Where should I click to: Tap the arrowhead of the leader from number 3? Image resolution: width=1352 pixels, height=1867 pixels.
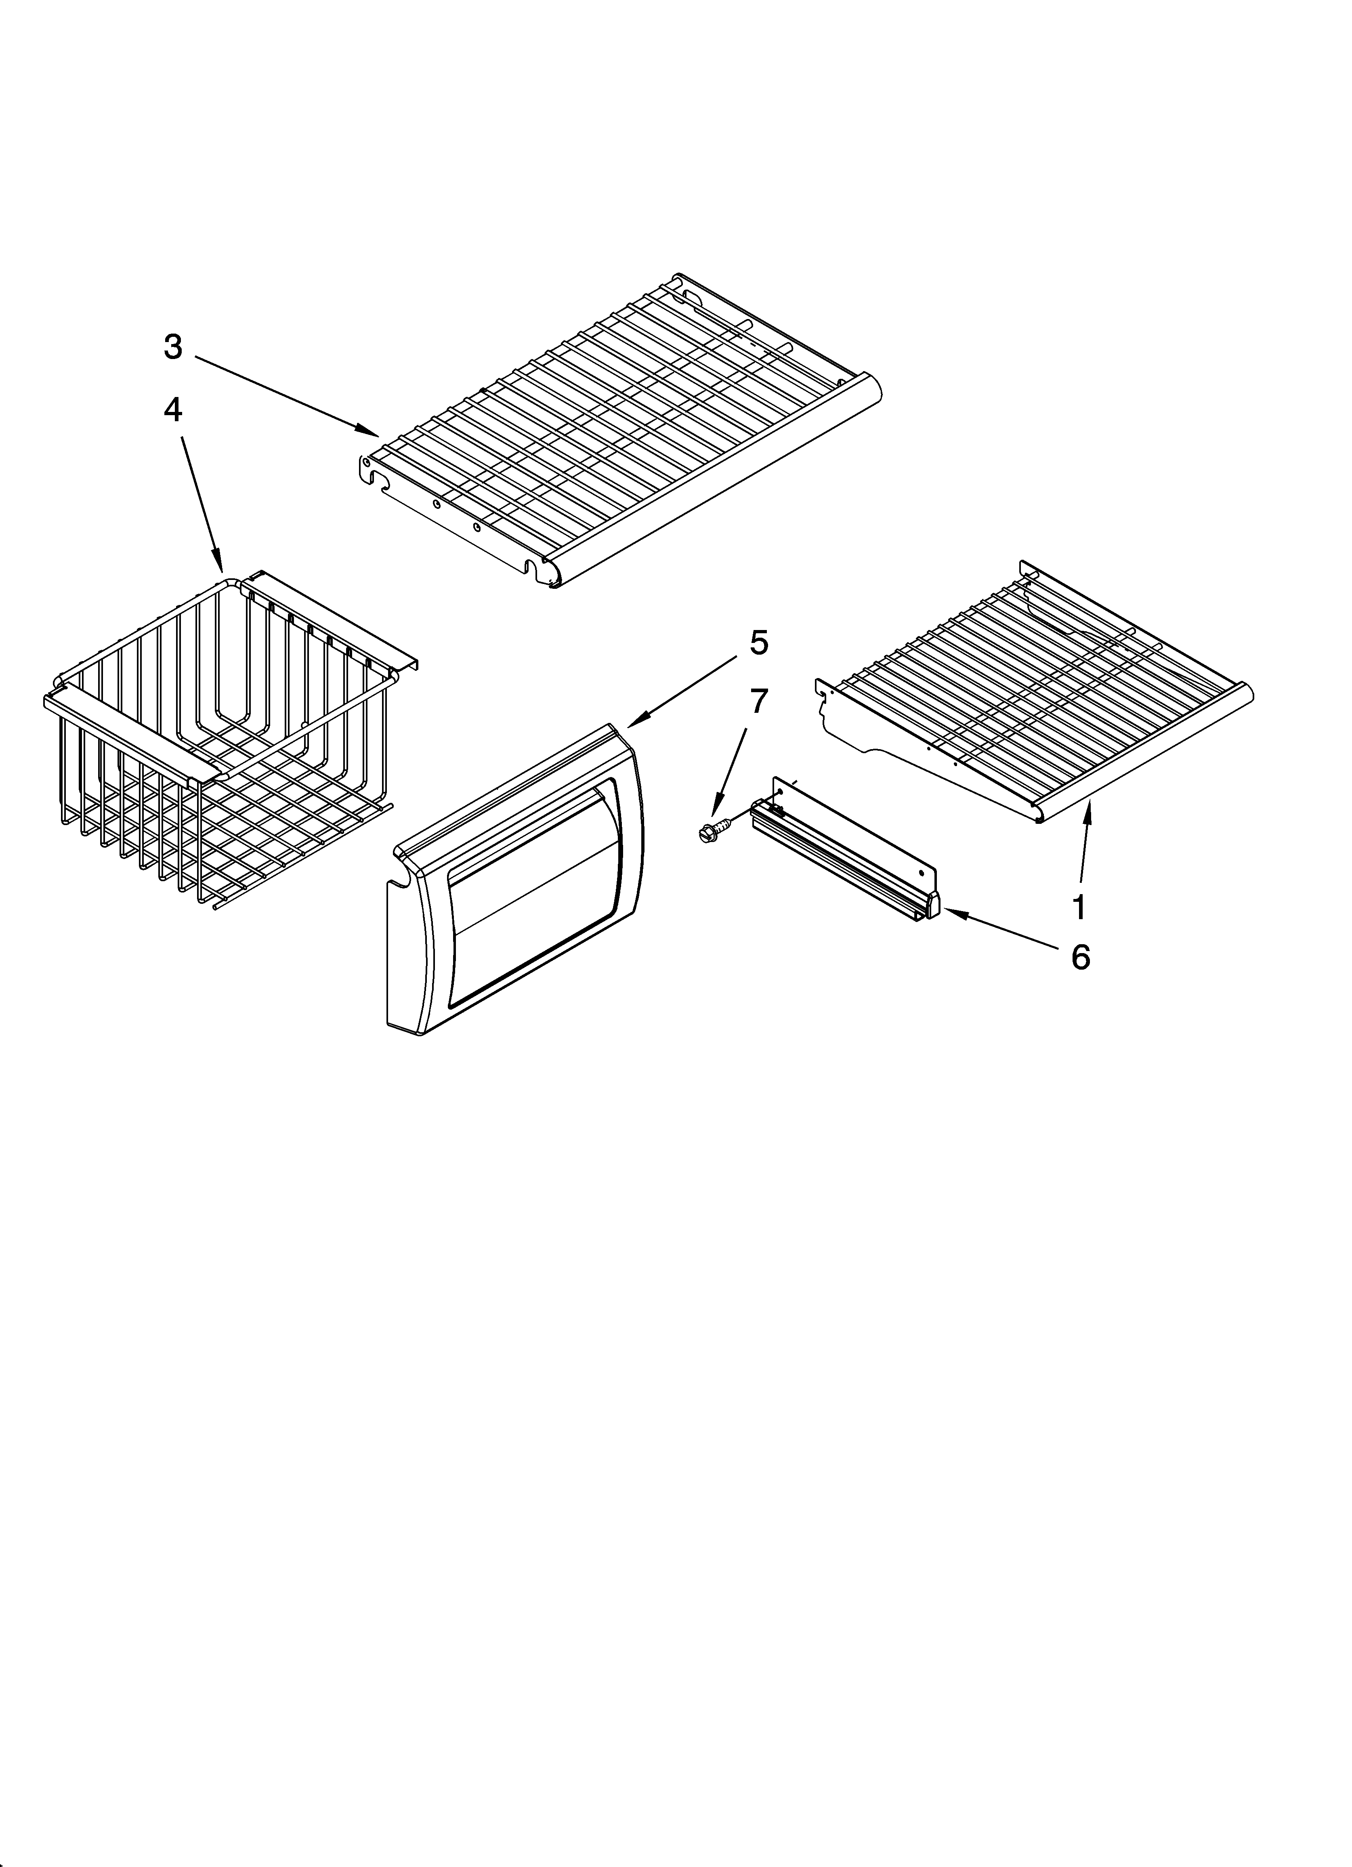tap(375, 433)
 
